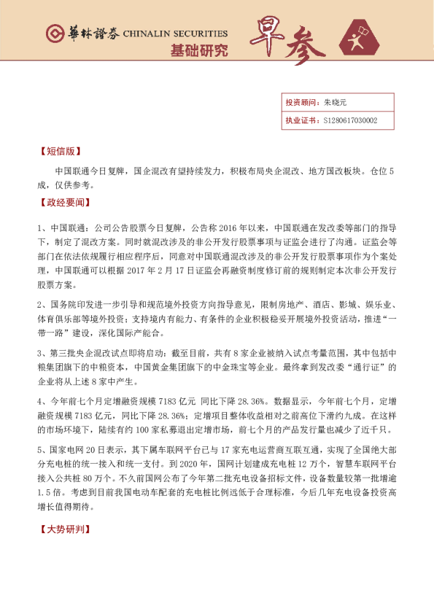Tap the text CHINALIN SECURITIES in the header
(175, 34)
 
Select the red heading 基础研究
(198, 50)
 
